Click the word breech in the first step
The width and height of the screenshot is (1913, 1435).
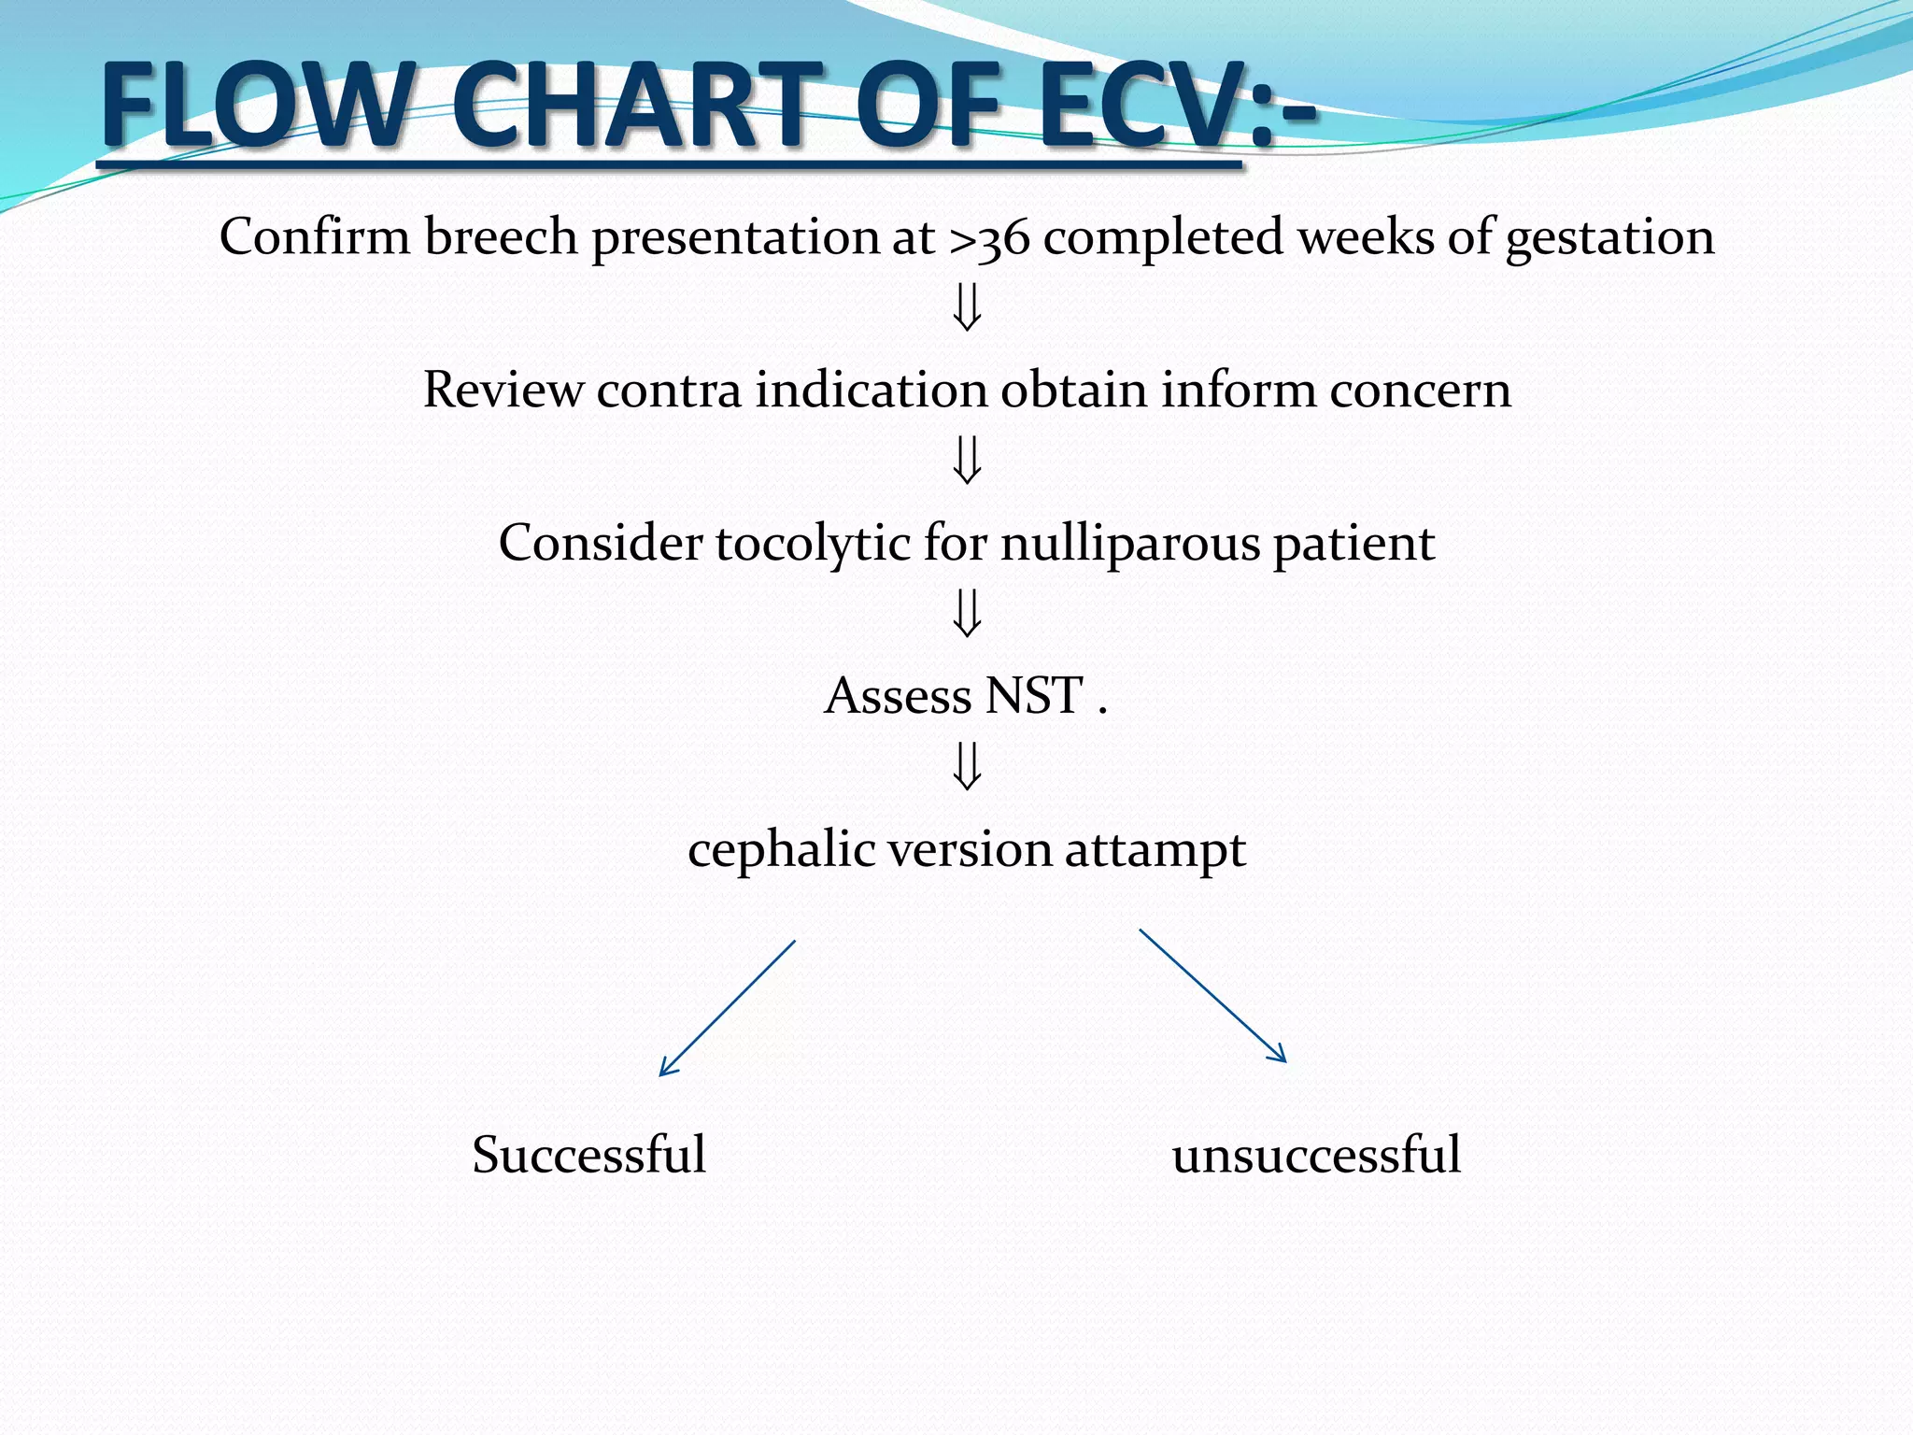pos(501,236)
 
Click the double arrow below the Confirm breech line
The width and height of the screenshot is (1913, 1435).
pos(967,308)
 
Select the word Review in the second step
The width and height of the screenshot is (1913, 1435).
pos(503,390)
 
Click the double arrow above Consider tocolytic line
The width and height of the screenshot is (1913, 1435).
pos(967,461)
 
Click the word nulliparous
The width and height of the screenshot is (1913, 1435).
pos(1129,544)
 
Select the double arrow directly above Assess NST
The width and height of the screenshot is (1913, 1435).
pos(967,614)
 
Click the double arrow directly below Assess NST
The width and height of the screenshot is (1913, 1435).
pos(967,767)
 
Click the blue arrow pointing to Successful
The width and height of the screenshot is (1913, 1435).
pos(728,1008)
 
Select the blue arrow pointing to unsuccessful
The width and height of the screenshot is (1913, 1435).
pos(1212,995)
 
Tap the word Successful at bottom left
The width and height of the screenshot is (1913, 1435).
pos(588,1155)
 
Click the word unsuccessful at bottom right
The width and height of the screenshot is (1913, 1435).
pos(1315,1155)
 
